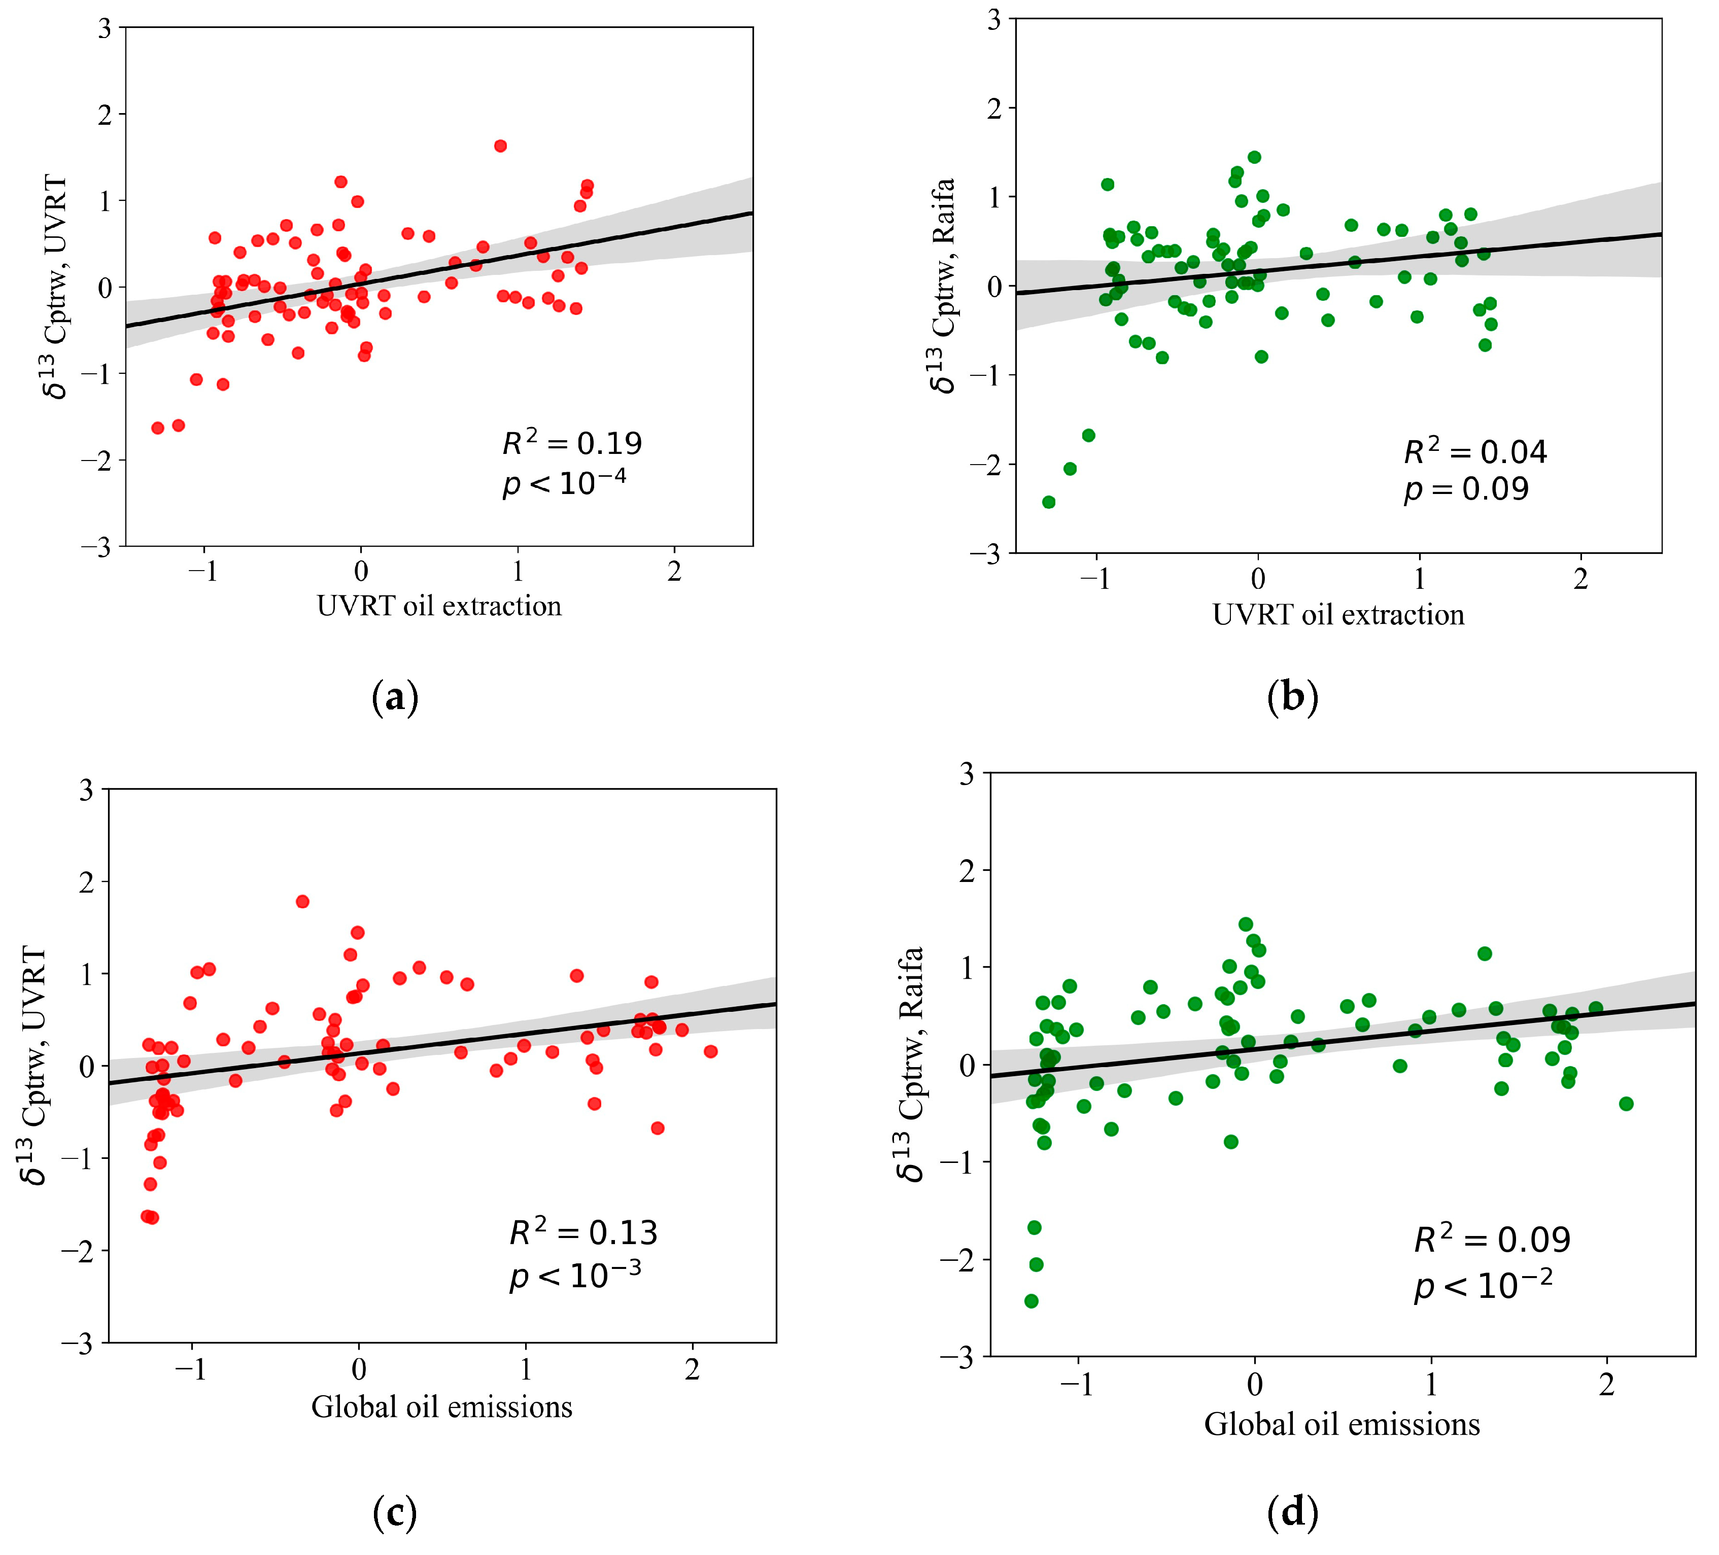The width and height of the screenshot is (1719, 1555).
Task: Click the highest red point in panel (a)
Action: tap(500, 146)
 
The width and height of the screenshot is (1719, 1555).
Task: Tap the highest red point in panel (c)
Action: tap(302, 901)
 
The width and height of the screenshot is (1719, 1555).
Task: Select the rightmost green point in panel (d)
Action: tap(1626, 1103)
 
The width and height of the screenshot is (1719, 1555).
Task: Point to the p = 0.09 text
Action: tap(1467, 489)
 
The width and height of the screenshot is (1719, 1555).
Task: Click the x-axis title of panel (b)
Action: tap(1338, 615)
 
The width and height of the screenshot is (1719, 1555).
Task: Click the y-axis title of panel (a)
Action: tap(55, 287)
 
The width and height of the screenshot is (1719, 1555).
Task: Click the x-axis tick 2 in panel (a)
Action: tap(674, 572)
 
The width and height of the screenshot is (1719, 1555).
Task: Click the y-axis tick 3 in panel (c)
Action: tap(85, 790)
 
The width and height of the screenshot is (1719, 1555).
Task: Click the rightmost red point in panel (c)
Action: tap(710, 1051)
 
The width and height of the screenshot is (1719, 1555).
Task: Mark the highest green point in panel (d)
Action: tap(1246, 924)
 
